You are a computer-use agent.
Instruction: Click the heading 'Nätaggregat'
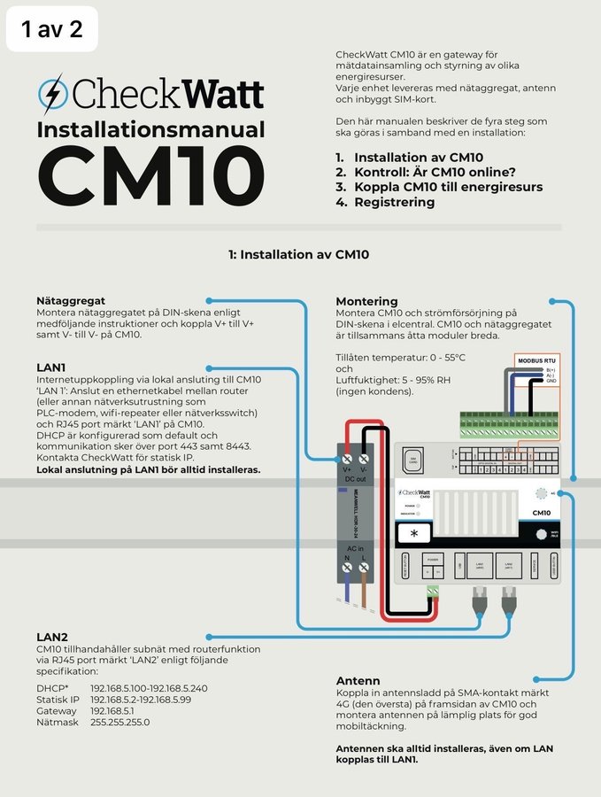[71, 301]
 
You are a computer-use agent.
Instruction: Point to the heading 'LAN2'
[52, 636]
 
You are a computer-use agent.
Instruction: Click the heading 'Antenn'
[358, 681]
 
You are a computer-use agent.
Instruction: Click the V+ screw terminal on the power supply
[348, 459]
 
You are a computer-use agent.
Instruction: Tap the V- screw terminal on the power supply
[363, 459]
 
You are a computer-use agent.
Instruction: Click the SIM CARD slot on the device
[412, 460]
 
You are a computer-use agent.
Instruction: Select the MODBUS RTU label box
[537, 361]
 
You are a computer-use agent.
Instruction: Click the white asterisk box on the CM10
[414, 534]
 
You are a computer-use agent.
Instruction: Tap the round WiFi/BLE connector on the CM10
[540, 534]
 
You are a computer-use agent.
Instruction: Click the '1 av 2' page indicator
[51, 29]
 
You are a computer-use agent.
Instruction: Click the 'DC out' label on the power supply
[355, 478]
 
